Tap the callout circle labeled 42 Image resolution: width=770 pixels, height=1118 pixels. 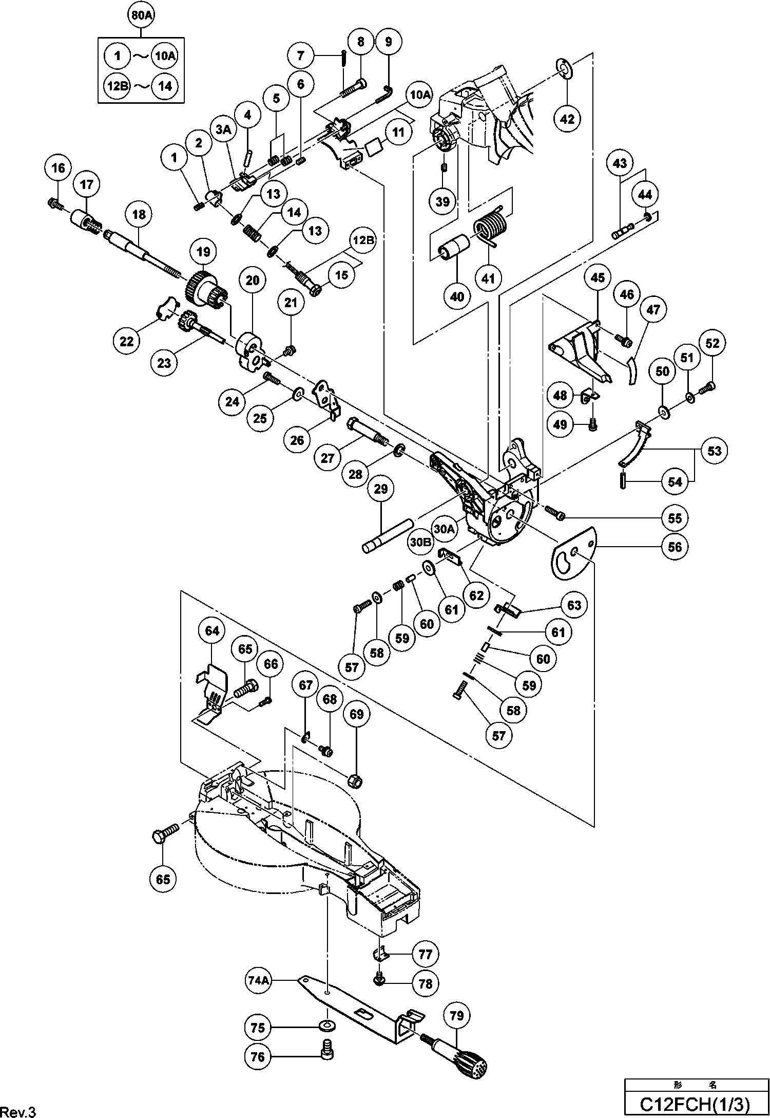[567, 119]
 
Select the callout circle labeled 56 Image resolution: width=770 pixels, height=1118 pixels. [675, 547]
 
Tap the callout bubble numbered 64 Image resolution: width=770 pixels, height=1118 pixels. [212, 630]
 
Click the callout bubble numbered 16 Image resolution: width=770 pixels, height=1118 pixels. [59, 168]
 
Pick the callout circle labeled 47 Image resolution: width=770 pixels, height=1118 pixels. [653, 310]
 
